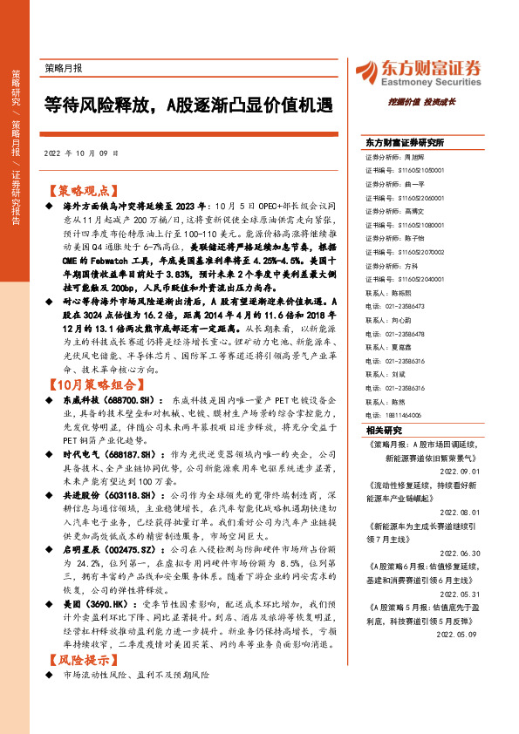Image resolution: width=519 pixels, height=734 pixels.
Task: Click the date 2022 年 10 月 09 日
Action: click(x=80, y=153)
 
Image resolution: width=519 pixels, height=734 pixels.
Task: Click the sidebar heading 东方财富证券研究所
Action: click(x=405, y=141)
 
